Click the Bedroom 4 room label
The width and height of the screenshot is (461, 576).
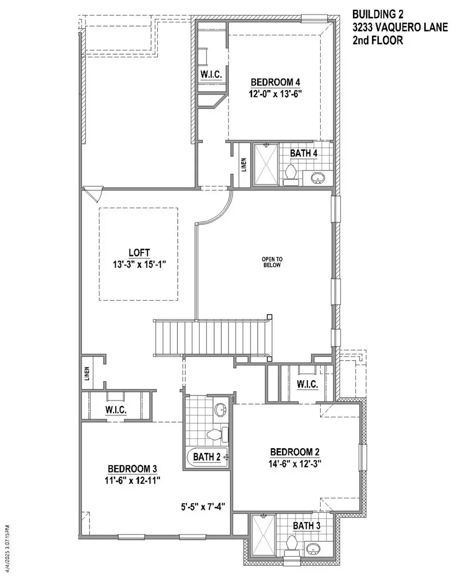pyautogui.click(x=275, y=82)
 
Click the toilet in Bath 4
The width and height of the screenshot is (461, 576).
pyautogui.click(x=291, y=173)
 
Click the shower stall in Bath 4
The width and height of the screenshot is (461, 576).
pyautogui.click(x=266, y=163)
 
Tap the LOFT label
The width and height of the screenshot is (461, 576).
pyautogui.click(x=138, y=252)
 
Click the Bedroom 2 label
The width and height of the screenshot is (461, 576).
pyautogui.click(x=295, y=452)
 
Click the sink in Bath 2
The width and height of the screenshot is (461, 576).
pyautogui.click(x=221, y=409)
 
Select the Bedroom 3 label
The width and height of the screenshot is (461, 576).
pyautogui.click(x=132, y=469)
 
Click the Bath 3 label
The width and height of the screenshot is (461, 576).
pyautogui.click(x=307, y=525)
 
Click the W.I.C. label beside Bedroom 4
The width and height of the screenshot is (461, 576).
pyautogui.click(x=211, y=75)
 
